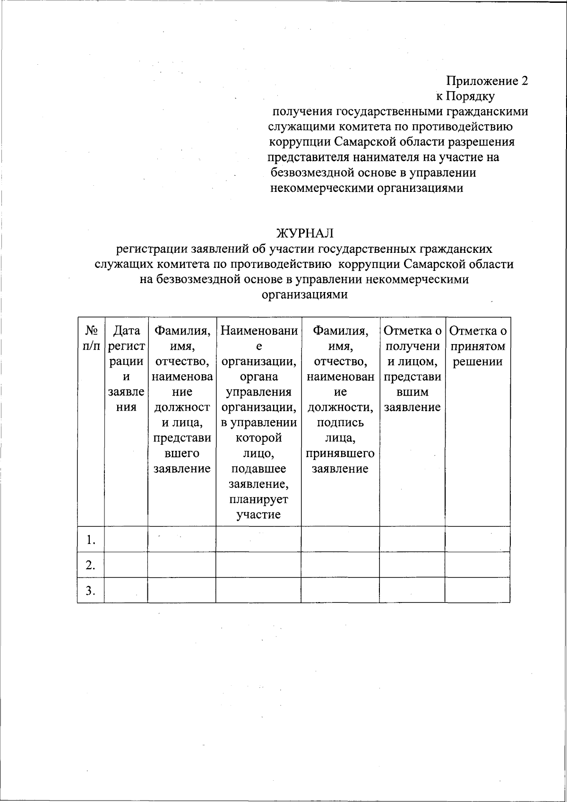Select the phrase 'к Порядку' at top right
coord(465,96)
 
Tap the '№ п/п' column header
coord(91,338)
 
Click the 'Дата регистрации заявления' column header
coord(126,369)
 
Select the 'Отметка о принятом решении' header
coord(478,346)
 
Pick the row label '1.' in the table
coord(91,540)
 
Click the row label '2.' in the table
coord(91,565)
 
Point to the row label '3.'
coord(91,590)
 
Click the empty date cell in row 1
coord(126,539)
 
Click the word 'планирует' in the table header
coord(258,500)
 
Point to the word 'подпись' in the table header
coord(340,423)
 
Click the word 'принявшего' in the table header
coord(340,454)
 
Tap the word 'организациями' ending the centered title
coord(305,295)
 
